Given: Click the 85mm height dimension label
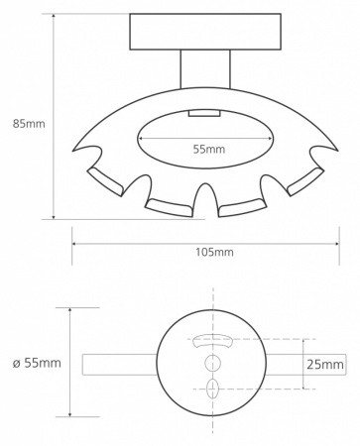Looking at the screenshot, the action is (x=29, y=124).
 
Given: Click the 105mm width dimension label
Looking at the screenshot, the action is (x=214, y=252).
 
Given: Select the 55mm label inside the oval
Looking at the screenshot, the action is (x=209, y=149).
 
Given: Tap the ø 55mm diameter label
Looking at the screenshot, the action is (x=37, y=363).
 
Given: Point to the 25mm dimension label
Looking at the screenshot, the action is (x=325, y=365).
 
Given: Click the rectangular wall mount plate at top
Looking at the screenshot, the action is (x=205, y=32).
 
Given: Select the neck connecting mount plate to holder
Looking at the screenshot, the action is (x=205, y=69).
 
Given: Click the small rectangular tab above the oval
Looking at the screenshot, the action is (x=204, y=113).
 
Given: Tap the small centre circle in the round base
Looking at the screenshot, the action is (x=212, y=363).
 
